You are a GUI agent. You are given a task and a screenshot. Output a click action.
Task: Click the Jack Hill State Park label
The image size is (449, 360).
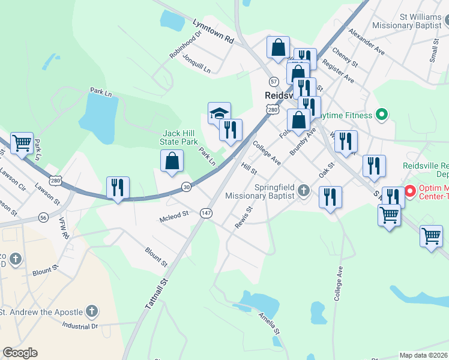tap(179, 137)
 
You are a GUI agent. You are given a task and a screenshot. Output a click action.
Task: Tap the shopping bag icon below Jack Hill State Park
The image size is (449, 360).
tap(172, 161)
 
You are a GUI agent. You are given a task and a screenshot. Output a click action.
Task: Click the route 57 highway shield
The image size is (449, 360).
tap(274, 81)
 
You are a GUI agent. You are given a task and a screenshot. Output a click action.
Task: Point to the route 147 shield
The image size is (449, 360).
tap(206, 213)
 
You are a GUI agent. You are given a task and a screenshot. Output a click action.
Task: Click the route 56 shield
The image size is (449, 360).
tap(43, 217)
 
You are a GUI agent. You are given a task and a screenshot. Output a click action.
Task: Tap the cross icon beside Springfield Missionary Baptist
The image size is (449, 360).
tap(304, 191)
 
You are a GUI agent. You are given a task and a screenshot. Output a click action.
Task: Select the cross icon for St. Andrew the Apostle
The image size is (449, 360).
tap(91, 311)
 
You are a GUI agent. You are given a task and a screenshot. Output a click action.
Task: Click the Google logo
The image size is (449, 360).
tap(20, 353)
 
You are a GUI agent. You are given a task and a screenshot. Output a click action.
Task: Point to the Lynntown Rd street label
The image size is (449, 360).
tap(212, 31)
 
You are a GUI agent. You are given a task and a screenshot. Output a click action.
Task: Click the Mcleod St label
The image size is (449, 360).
tap(174, 213)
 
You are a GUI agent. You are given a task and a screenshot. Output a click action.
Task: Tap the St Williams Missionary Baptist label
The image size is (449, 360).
tap(406, 21)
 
